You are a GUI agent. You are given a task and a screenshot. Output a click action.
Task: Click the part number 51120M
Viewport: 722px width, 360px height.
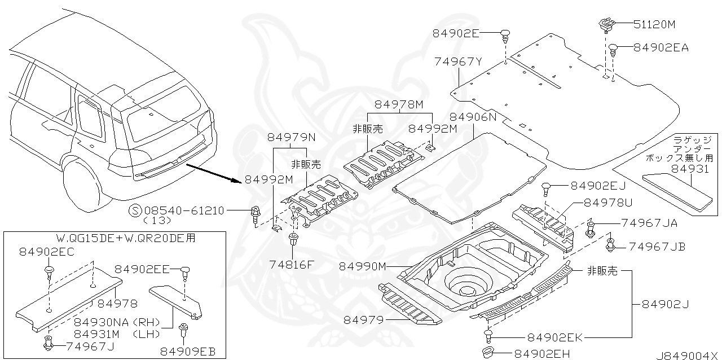(x=654, y=24)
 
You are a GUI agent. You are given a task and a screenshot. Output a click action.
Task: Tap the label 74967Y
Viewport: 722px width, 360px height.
(x=458, y=62)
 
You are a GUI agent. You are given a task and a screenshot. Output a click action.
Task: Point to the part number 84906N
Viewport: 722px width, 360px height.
(x=473, y=117)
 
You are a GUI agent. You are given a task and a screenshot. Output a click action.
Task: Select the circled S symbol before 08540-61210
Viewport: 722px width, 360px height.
(x=135, y=210)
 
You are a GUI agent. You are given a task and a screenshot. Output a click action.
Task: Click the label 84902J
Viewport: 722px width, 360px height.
(x=665, y=304)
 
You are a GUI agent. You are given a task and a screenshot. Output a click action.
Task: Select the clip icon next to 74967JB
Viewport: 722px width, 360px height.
(x=611, y=245)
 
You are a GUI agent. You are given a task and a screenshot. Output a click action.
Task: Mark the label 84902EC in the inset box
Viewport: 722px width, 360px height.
(x=46, y=252)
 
